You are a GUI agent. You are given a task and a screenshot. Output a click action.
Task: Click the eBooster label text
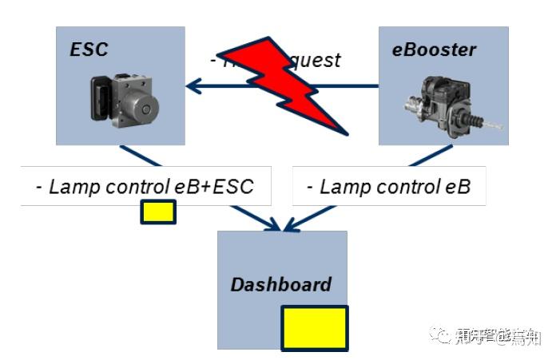point(434,50)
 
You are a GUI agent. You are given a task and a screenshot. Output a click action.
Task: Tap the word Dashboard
point(280,285)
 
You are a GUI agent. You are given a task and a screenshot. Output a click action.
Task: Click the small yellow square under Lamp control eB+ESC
point(158,212)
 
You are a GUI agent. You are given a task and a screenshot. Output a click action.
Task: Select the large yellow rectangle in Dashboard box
point(314,328)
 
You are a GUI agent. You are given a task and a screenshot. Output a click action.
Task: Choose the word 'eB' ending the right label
point(457,188)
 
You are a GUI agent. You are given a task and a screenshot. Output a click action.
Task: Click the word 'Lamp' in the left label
point(71,188)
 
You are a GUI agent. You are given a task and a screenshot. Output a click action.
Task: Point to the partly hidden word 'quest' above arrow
point(315,60)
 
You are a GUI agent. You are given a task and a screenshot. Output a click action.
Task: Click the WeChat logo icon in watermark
point(441,336)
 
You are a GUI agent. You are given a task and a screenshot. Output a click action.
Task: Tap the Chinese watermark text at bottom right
point(498,337)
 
